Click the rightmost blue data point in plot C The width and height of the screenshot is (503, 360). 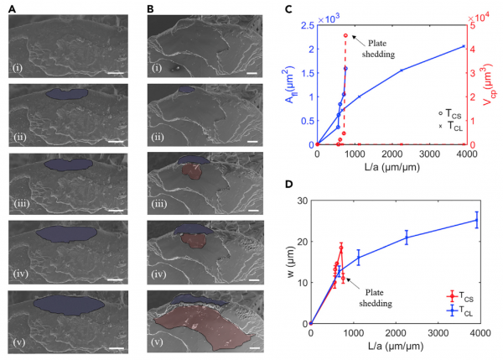pos(462,46)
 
